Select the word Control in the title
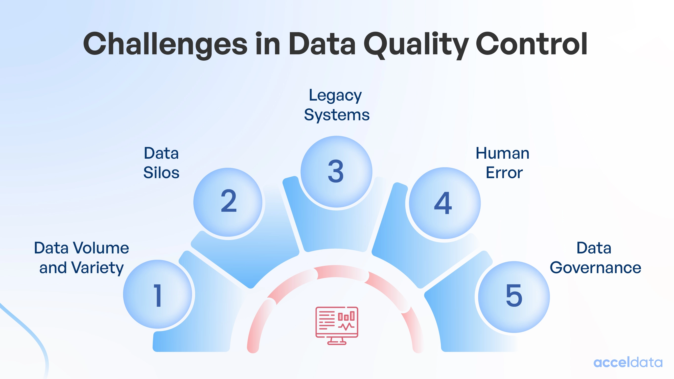pyautogui.click(x=531, y=44)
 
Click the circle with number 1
pyautogui.click(x=157, y=295)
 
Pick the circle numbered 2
pyautogui.click(x=228, y=202)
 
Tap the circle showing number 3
pyautogui.click(x=336, y=172)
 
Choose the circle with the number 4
pyautogui.click(x=444, y=203)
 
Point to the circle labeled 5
pyautogui.click(x=514, y=297)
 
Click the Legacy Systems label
pyautogui.click(x=336, y=105)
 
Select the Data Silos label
pyautogui.click(x=161, y=163)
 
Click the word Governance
pyautogui.click(x=595, y=268)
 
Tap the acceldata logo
pyautogui.click(x=628, y=363)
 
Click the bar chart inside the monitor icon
pyautogui.click(x=346, y=316)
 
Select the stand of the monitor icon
pyautogui.click(x=337, y=341)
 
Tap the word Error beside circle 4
pyautogui.click(x=504, y=173)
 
